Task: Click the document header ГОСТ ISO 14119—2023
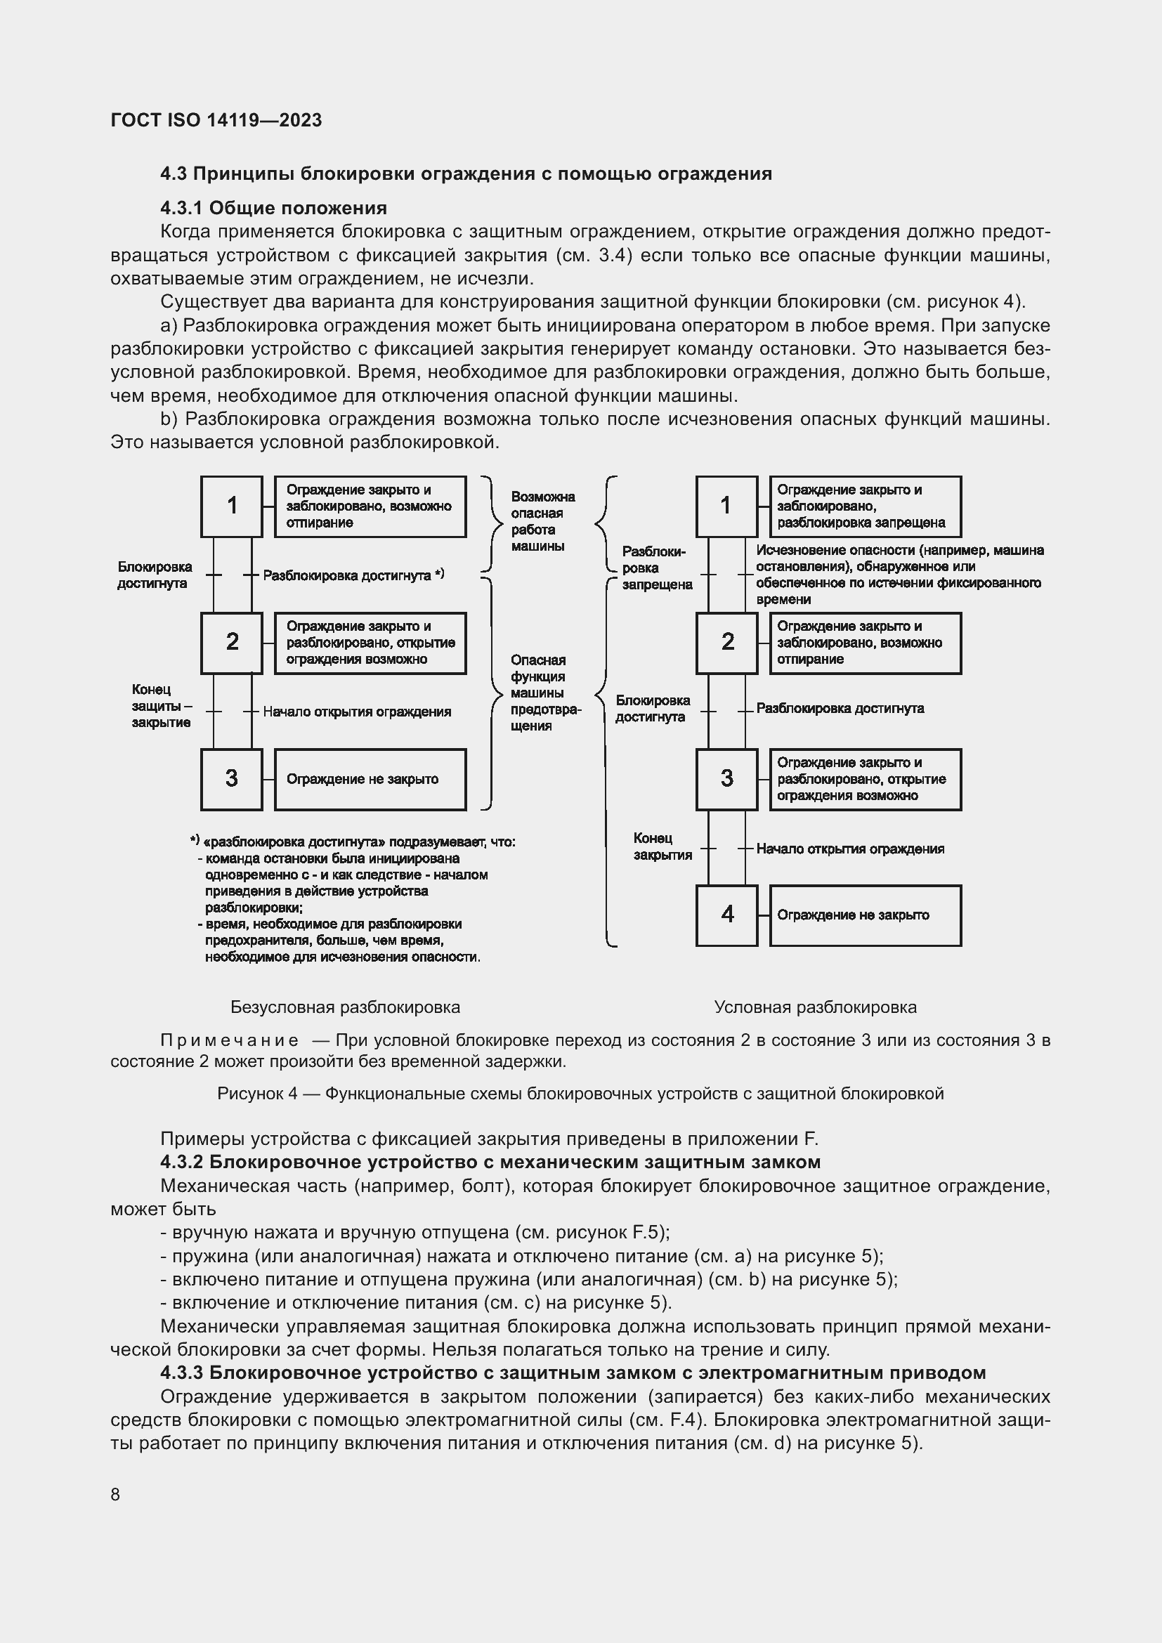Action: [216, 120]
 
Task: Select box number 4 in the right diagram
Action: [726, 915]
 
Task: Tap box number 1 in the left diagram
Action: [231, 506]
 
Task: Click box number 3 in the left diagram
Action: [231, 778]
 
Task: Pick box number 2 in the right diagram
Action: [726, 642]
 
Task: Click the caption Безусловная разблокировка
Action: [345, 1007]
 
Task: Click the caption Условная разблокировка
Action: [815, 1007]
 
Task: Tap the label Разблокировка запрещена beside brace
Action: [656, 568]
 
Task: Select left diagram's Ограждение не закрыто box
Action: [370, 779]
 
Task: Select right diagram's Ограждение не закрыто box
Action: [865, 915]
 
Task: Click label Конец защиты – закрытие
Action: [161, 705]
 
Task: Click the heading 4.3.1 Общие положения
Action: [273, 208]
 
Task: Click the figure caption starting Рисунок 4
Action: [580, 1094]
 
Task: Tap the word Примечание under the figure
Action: [229, 1040]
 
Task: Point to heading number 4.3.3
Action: [182, 1373]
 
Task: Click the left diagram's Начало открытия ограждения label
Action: [356, 712]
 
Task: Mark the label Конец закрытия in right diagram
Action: [662, 846]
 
